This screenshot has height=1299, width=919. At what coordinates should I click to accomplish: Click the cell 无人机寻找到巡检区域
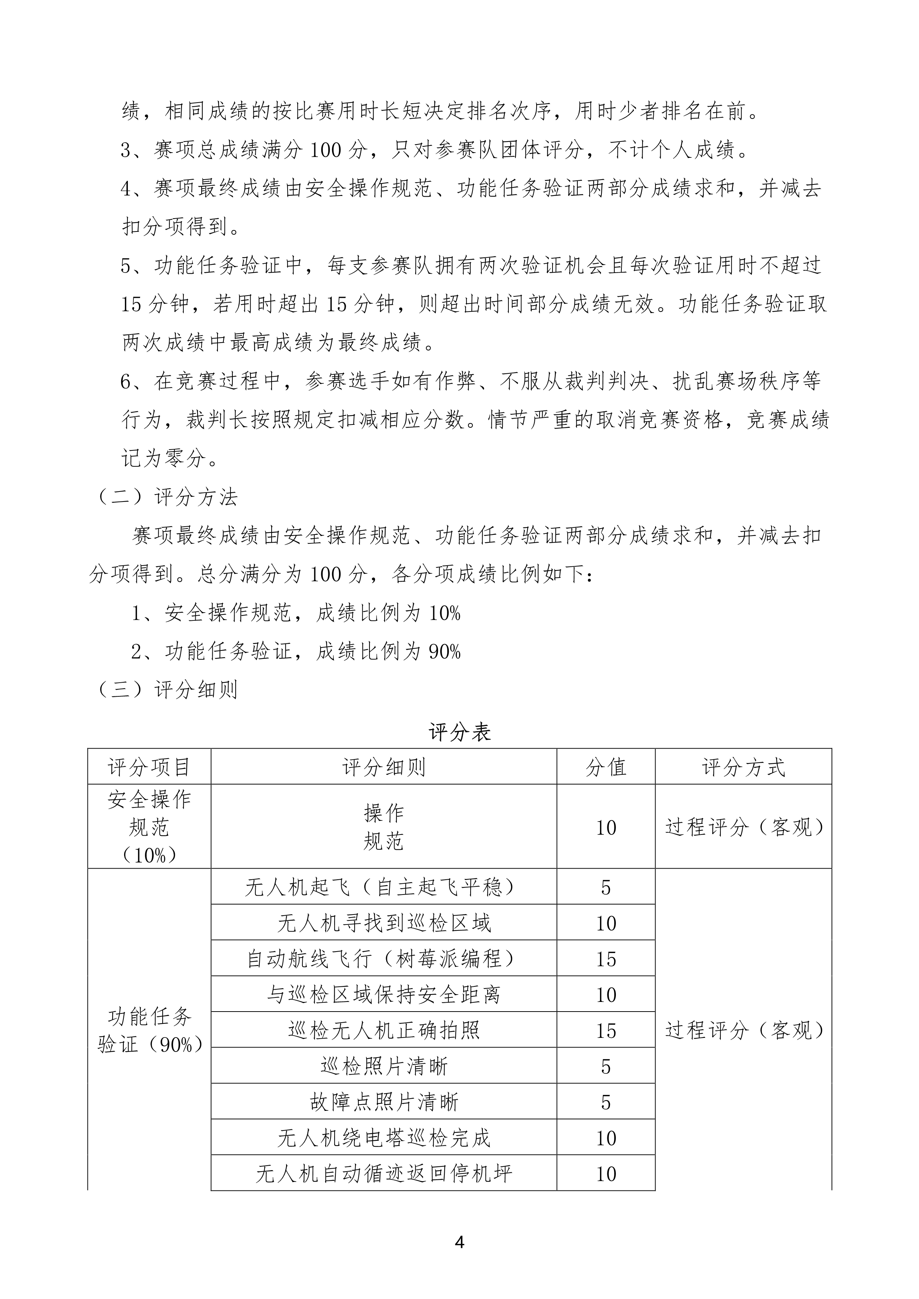(x=384, y=923)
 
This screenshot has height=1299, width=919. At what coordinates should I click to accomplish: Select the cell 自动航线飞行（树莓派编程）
(x=384, y=959)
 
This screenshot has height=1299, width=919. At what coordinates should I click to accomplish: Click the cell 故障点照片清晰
(x=384, y=1102)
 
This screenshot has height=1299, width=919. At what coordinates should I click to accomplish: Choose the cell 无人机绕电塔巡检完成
(x=384, y=1138)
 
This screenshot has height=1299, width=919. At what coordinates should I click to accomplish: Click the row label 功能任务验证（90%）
(x=149, y=1031)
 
